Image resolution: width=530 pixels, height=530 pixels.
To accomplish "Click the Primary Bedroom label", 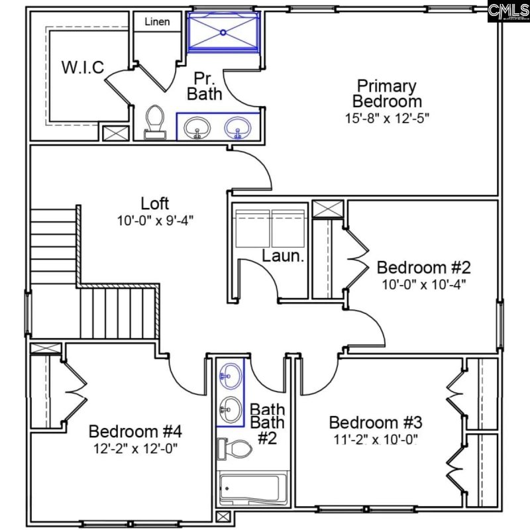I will click(x=387, y=93).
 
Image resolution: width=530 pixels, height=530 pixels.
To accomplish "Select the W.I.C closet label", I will click(x=83, y=68).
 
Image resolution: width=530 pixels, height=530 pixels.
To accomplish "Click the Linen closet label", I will click(x=157, y=22).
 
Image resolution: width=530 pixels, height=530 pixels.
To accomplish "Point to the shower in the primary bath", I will click(x=223, y=30).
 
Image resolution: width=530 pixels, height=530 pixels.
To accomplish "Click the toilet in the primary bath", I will click(x=155, y=122).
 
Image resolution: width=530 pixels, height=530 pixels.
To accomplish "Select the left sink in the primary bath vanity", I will click(x=197, y=126).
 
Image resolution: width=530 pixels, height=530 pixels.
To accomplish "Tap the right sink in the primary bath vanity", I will click(x=238, y=126).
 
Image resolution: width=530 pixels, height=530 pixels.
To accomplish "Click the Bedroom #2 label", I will click(x=423, y=268).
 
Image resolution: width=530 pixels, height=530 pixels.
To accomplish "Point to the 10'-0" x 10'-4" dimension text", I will click(x=423, y=285).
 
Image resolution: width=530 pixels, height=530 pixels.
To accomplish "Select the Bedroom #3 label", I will click(x=376, y=423).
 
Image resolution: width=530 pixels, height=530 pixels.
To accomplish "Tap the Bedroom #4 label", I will click(x=135, y=431).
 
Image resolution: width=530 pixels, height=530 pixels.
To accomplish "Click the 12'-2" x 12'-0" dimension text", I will click(x=135, y=449).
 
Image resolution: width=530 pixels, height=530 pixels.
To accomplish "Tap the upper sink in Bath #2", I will click(x=231, y=375).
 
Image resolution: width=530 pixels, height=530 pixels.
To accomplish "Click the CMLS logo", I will click(x=508, y=11).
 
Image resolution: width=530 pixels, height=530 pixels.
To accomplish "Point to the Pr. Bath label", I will click(x=204, y=86).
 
